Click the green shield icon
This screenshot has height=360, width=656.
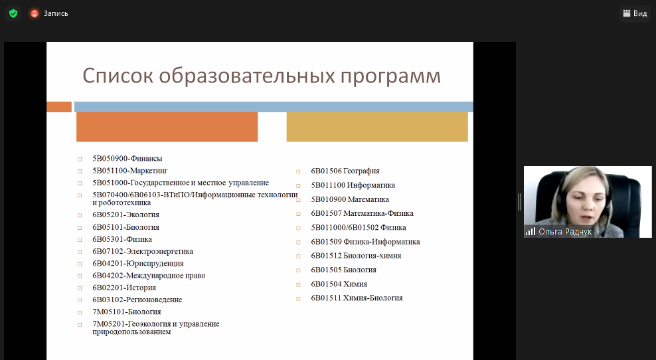13,13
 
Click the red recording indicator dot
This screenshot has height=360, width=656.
35,14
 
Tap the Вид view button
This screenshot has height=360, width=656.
635,13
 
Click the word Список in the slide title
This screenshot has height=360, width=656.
118,76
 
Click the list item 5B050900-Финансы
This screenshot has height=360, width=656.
127,159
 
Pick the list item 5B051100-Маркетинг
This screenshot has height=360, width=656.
130,171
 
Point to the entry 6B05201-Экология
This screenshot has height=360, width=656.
126,215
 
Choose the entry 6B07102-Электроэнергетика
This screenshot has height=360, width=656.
143,252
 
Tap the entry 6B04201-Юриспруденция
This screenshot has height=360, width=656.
138,264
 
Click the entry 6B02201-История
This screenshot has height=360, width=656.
124,288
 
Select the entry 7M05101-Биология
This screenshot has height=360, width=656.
127,312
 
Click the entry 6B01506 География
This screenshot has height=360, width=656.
345,171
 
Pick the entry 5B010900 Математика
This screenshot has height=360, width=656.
350,200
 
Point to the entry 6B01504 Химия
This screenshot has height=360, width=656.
339,284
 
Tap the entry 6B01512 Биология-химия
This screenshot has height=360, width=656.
356,256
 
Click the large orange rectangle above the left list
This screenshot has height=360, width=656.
167,127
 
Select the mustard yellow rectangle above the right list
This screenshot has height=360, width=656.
377,127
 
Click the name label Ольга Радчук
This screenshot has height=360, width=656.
565,232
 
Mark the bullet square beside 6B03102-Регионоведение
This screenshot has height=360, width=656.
80,300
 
